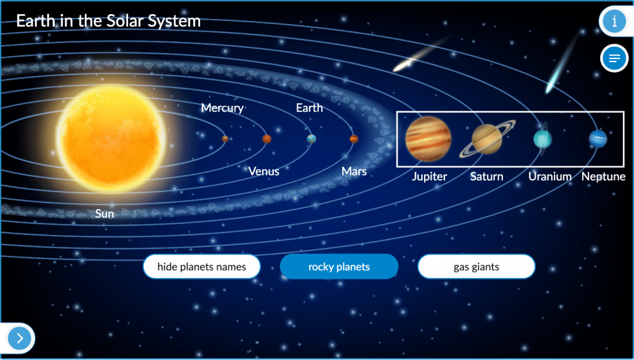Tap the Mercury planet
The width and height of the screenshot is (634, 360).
pos(225,139)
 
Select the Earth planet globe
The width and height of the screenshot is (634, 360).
pos(311,139)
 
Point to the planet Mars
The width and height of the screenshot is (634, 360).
pos(354,139)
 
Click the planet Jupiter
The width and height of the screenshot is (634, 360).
pos(428,138)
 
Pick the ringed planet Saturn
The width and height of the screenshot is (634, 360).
pos(488,138)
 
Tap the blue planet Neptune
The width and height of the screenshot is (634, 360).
pos(598,138)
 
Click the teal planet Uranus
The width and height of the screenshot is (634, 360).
pos(543,139)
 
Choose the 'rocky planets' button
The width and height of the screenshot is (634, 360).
pos(339,266)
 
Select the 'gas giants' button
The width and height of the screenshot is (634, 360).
pos(476,266)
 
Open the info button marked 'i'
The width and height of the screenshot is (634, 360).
pos(614,21)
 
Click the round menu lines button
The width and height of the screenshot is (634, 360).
pos(614,58)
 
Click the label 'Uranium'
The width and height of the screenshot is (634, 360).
pos(550,177)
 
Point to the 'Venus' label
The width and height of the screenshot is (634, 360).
pos(263,171)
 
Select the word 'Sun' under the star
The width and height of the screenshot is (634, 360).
pos(104,214)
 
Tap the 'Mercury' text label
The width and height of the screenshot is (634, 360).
pos(222,108)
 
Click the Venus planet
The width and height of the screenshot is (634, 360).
pos(267,139)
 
